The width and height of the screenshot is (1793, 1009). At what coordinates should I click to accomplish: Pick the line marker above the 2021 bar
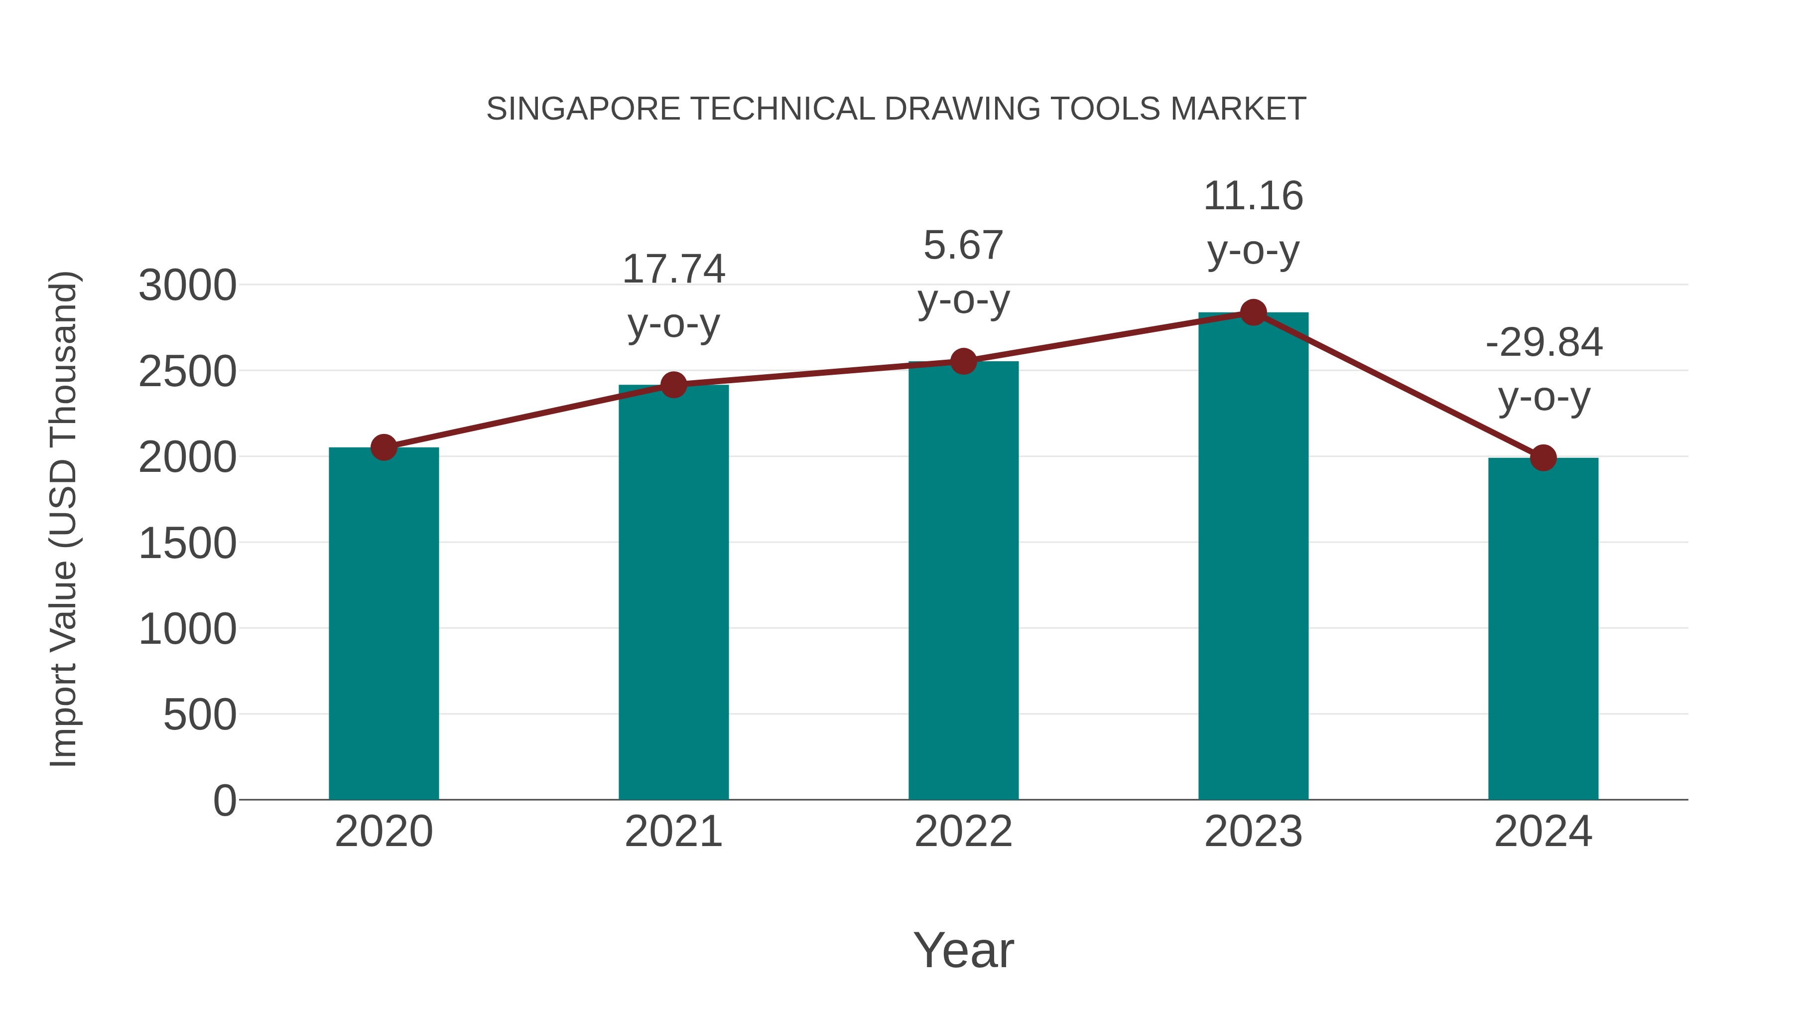pyautogui.click(x=673, y=384)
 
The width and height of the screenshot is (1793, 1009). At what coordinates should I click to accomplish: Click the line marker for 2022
pyautogui.click(x=963, y=361)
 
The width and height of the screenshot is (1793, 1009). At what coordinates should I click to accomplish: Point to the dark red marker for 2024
pyautogui.click(x=1543, y=457)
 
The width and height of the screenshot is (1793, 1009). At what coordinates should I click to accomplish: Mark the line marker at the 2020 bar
pyautogui.click(x=384, y=447)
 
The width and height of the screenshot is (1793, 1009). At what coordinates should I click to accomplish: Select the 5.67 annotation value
pyautogui.click(x=963, y=245)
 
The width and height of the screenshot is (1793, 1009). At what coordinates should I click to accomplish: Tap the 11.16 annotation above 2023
pyautogui.click(x=1253, y=196)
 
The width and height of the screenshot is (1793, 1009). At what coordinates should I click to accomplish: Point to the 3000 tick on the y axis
pyautogui.click(x=187, y=286)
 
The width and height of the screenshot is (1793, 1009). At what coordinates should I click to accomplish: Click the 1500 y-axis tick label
pyautogui.click(x=187, y=543)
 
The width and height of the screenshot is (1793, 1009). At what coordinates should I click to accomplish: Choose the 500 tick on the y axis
pyautogui.click(x=200, y=715)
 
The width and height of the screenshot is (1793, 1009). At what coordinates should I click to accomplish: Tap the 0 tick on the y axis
pyautogui.click(x=225, y=800)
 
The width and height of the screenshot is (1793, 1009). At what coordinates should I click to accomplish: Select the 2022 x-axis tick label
pyautogui.click(x=963, y=832)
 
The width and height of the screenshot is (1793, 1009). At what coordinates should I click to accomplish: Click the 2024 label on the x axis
pyautogui.click(x=1543, y=832)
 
